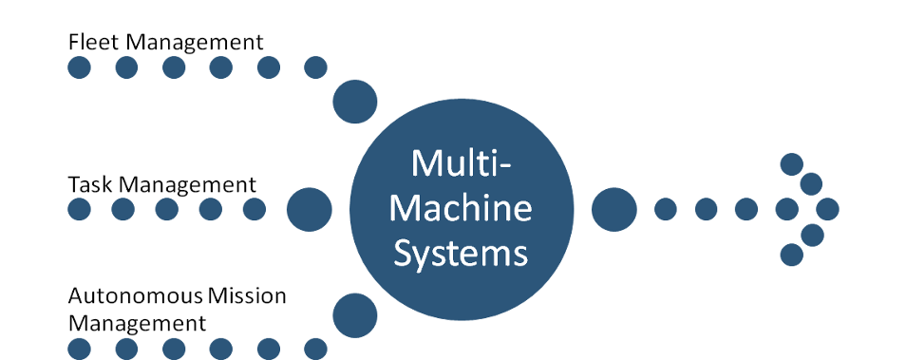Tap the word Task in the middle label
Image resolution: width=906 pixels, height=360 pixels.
(85, 183)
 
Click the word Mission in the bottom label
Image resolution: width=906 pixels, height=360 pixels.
(252, 295)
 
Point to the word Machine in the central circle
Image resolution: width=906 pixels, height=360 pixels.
(462, 209)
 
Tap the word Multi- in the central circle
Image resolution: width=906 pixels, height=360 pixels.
(462, 164)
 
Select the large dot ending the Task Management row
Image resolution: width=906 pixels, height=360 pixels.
(309, 209)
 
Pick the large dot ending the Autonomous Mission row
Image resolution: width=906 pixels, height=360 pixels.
(355, 314)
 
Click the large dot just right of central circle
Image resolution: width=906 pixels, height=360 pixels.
(614, 209)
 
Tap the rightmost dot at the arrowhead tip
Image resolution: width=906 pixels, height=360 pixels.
(828, 209)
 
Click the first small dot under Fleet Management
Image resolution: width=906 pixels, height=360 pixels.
(79, 68)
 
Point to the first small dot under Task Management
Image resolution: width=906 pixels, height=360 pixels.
(79, 209)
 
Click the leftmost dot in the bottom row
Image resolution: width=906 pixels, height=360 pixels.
(79, 349)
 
